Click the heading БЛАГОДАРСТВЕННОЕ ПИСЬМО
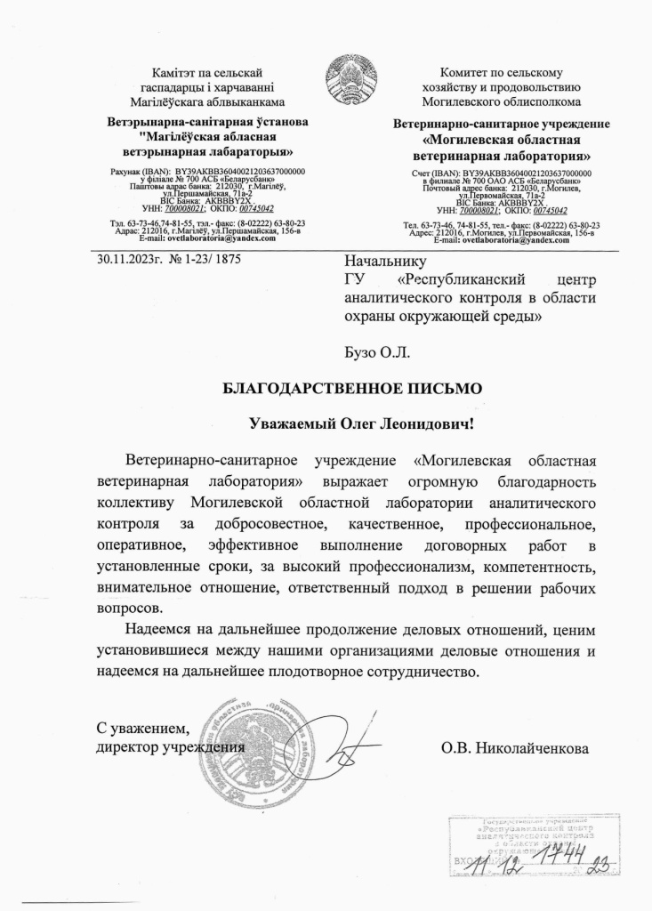pos(351,388)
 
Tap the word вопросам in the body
pos(130,609)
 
